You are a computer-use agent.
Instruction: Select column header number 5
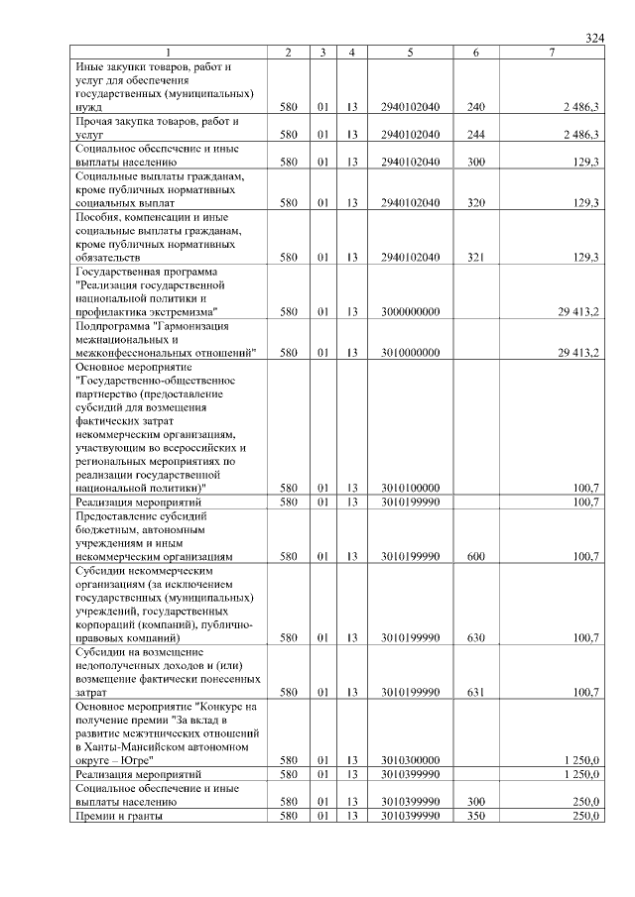[x=410, y=52]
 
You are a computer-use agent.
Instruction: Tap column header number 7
[x=551, y=52]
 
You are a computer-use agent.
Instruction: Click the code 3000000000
[x=410, y=311]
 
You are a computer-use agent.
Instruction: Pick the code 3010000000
[x=410, y=352]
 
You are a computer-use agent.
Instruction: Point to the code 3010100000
[x=410, y=488]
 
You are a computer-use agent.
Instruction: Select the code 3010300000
[x=410, y=760]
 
